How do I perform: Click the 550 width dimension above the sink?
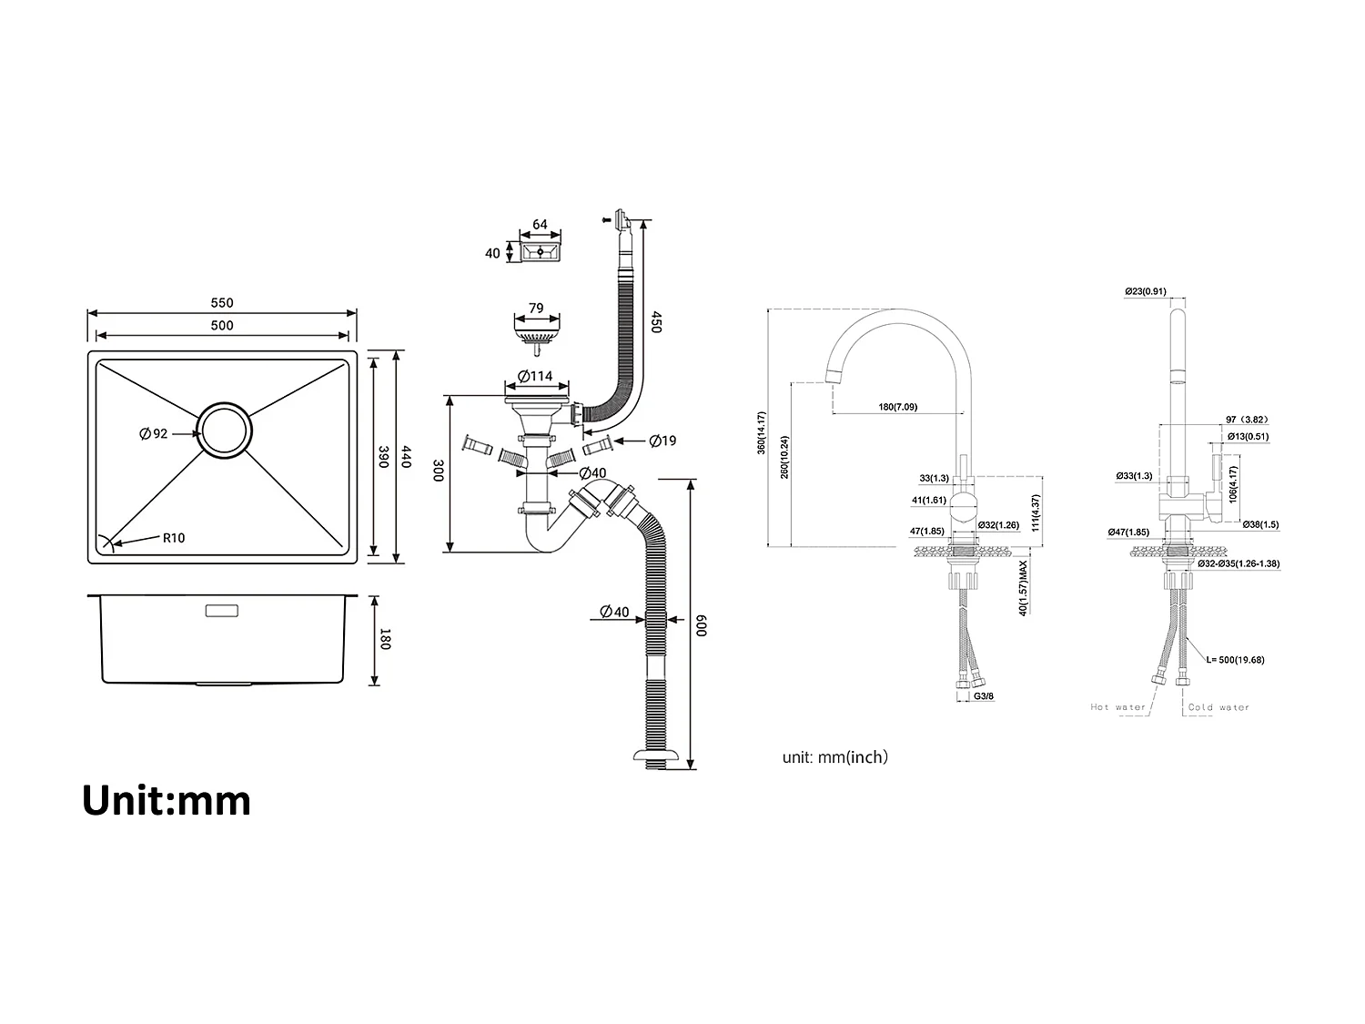coord(222,303)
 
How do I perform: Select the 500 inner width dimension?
coord(222,325)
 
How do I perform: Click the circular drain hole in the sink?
coord(224,430)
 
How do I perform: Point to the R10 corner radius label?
coord(174,538)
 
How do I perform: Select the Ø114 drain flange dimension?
coord(536,376)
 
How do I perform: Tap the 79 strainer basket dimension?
coord(536,309)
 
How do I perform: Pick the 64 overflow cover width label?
coord(540,224)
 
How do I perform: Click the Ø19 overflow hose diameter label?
coord(662,441)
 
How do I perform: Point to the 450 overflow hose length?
coord(655,322)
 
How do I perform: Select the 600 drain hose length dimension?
coord(701,625)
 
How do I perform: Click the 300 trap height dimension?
coord(438,471)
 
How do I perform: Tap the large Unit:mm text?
coord(167,800)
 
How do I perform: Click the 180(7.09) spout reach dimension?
coord(897,407)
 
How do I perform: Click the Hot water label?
coord(1118,707)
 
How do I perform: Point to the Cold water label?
coord(1218,707)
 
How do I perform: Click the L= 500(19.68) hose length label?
coord(1235,660)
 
